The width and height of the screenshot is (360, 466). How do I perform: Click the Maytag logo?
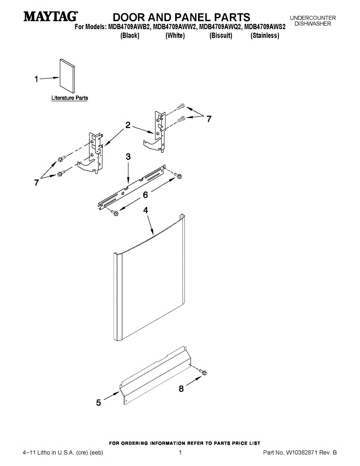(x=51, y=17)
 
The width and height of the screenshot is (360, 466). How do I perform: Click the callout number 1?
(x=36, y=79)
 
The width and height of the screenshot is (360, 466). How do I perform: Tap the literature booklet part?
(x=67, y=77)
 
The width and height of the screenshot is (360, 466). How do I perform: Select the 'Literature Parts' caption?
(x=70, y=98)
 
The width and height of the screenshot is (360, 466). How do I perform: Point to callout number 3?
(x=128, y=157)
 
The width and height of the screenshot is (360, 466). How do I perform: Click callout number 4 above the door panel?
(x=145, y=210)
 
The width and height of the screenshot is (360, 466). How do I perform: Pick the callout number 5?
(x=99, y=403)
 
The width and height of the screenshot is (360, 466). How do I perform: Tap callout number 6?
(x=145, y=195)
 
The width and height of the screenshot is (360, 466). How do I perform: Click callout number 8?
(x=181, y=389)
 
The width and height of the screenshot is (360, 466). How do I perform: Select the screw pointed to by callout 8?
(x=203, y=373)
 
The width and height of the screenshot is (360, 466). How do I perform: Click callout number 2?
(x=128, y=125)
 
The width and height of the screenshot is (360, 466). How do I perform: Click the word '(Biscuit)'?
(x=221, y=36)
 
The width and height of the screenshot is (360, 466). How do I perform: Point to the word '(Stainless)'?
(x=265, y=36)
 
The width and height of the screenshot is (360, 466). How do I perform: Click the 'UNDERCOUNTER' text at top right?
(x=313, y=18)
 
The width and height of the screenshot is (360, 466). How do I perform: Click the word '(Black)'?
(x=130, y=36)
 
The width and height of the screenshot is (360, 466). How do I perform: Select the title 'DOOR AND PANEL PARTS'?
(x=181, y=17)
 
